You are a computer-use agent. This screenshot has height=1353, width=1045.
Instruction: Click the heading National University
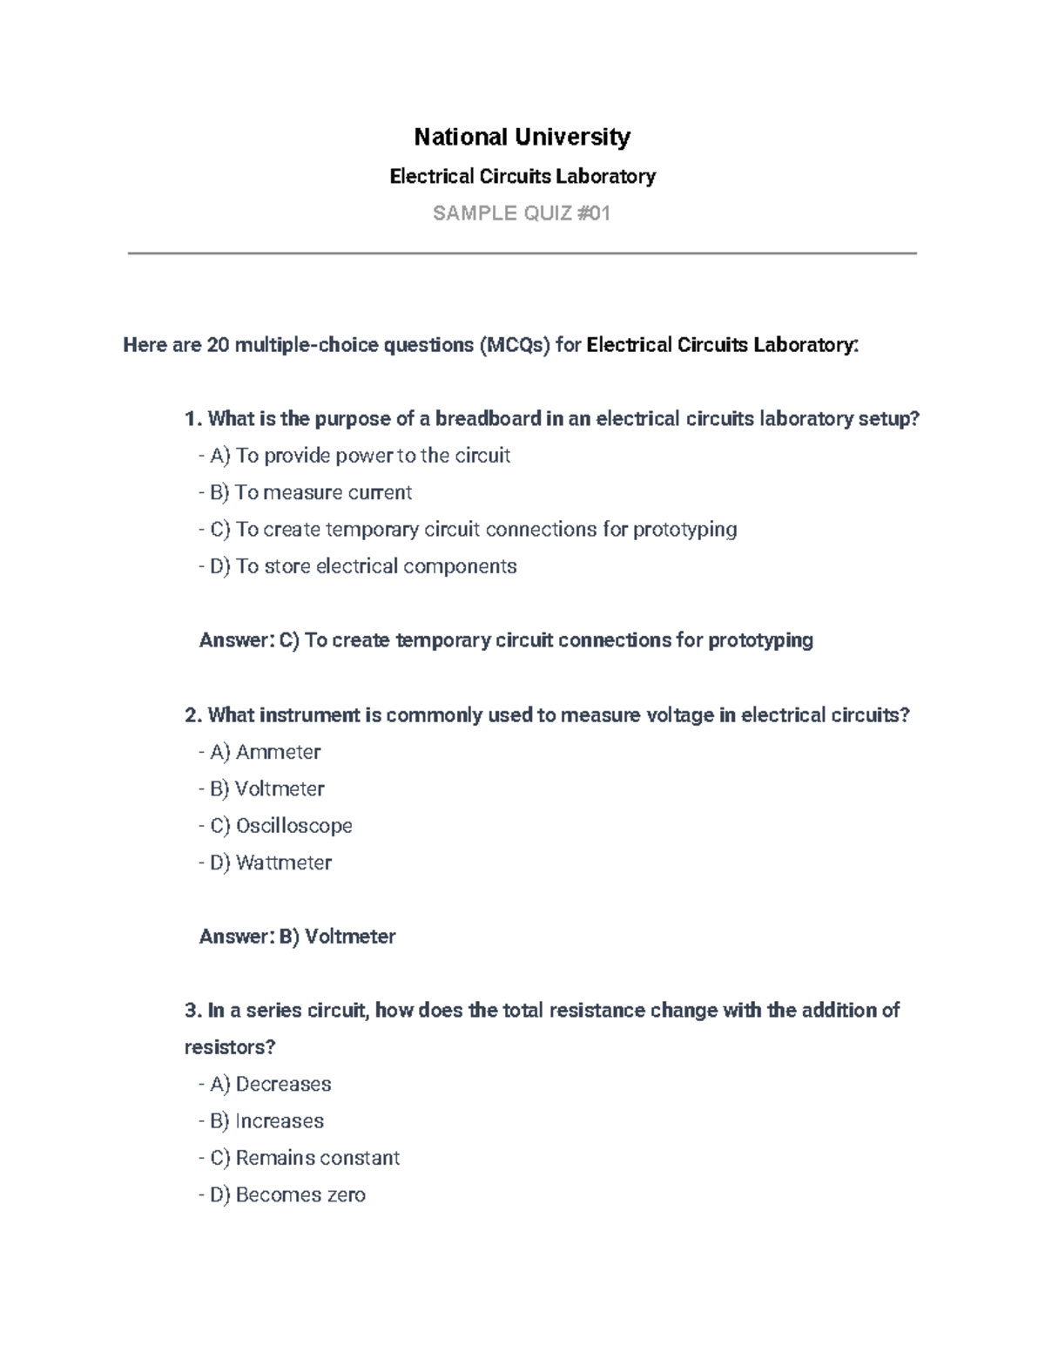point(522,137)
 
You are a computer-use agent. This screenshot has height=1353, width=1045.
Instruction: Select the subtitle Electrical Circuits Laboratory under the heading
point(522,177)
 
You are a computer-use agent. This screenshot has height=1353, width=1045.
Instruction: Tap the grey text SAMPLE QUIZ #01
point(522,213)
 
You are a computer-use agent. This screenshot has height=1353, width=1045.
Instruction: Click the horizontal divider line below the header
point(522,254)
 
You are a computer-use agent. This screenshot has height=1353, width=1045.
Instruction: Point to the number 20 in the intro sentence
point(217,346)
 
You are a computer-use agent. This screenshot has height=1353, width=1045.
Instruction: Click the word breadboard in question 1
point(488,419)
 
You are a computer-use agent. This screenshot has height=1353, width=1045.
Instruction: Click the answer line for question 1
point(506,640)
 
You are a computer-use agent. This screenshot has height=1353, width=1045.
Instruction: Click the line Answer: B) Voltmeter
point(298,937)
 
